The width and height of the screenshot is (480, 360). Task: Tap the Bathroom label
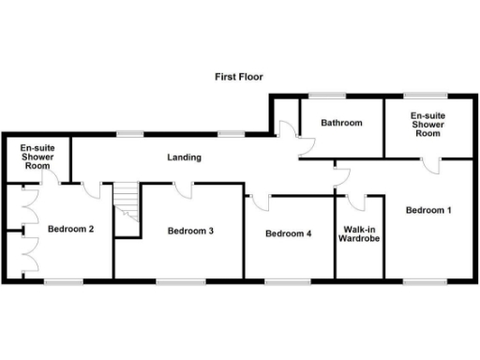[341, 123]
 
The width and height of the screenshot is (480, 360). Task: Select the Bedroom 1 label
[429, 210]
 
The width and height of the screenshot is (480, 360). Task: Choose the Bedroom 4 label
[288, 233]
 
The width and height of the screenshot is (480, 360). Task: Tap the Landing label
[184, 157]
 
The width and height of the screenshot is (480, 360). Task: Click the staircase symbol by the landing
[126, 204]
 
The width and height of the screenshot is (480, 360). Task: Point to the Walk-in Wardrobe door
[356, 201]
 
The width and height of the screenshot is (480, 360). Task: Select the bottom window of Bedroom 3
[173, 280]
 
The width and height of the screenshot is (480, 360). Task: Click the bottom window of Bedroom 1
[418, 280]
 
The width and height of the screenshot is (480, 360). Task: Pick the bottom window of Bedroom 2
[63, 280]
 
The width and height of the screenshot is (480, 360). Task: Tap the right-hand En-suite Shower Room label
[427, 126]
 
